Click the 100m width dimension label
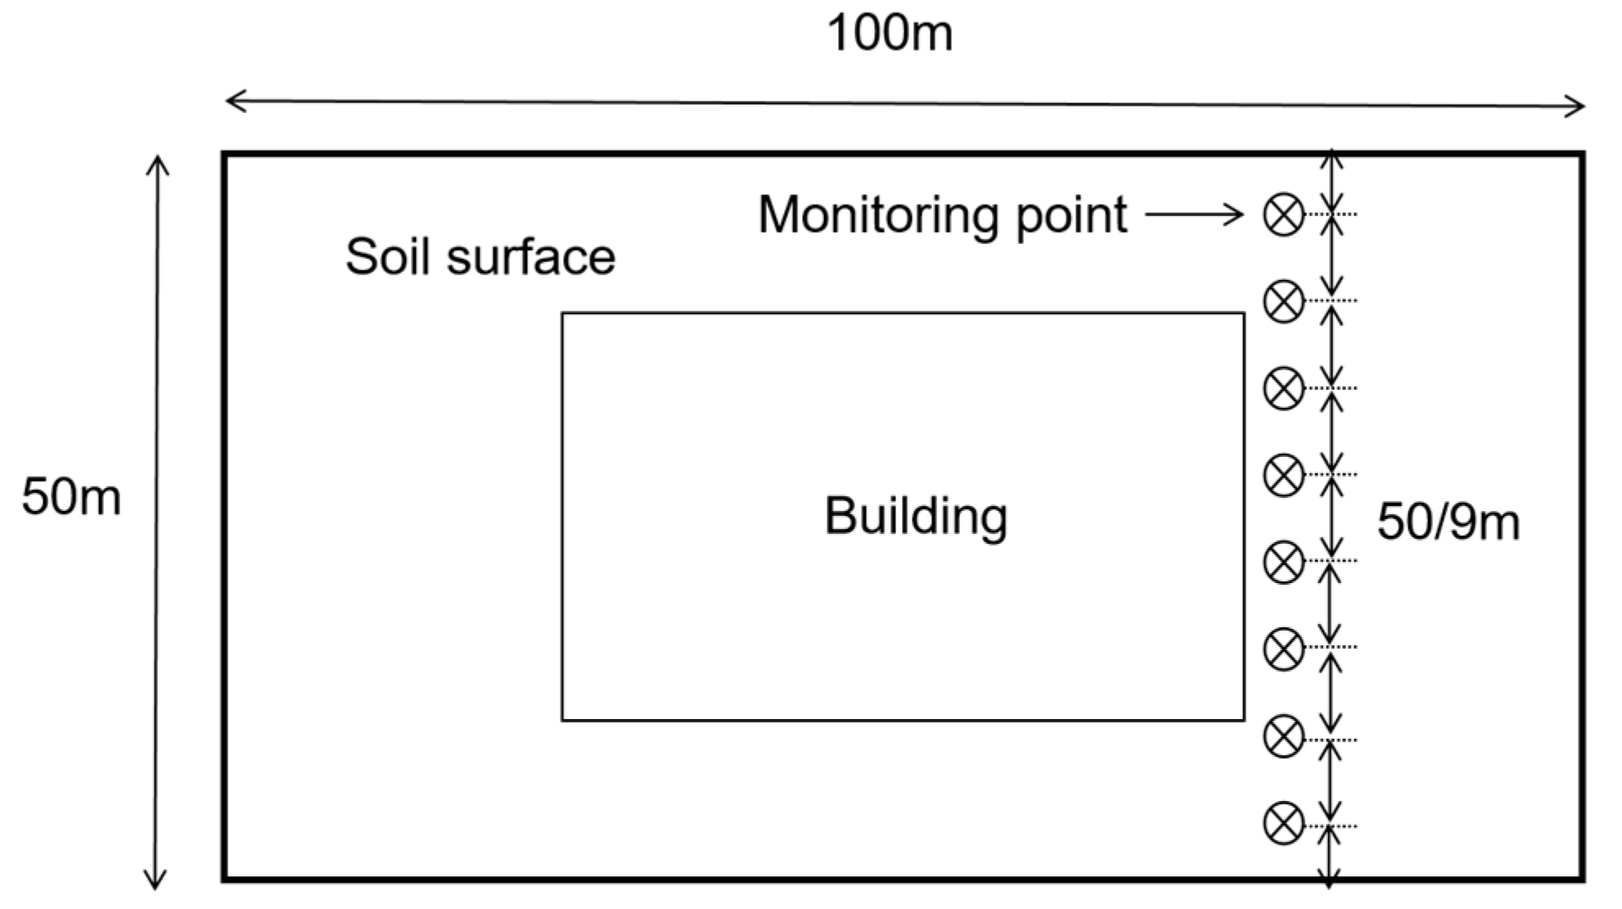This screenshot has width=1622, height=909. click(x=890, y=34)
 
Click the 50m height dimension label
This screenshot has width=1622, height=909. click(x=71, y=496)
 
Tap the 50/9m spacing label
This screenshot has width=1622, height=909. click(x=1448, y=522)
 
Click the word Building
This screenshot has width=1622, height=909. click(x=915, y=517)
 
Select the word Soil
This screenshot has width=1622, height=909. click(x=387, y=256)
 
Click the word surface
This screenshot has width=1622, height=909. click(x=530, y=256)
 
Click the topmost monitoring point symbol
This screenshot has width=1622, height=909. click(x=1283, y=215)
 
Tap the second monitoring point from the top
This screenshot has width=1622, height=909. click(x=1283, y=301)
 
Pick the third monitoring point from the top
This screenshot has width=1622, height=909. click(x=1283, y=388)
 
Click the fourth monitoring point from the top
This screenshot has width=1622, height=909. click(x=1283, y=475)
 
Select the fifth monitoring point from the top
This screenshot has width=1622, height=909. click(x=1283, y=562)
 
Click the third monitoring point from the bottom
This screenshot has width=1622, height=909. click(x=1283, y=649)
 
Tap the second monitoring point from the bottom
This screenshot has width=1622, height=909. click(x=1283, y=735)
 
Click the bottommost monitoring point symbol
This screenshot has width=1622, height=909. click(x=1283, y=823)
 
